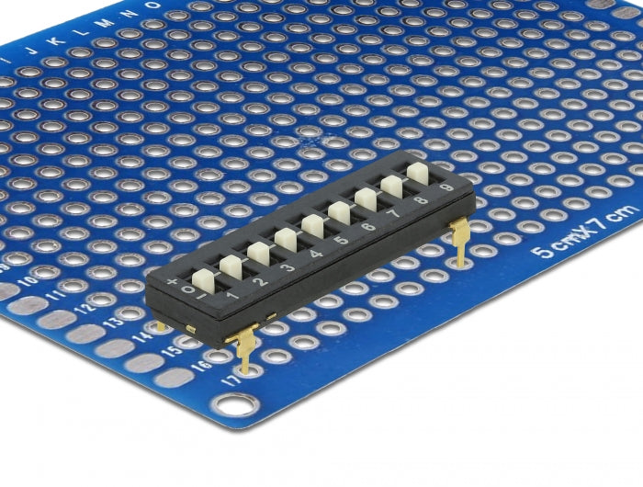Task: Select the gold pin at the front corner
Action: [x=243, y=350]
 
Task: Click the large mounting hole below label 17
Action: [x=236, y=402]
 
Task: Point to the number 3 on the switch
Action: [x=288, y=267]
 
